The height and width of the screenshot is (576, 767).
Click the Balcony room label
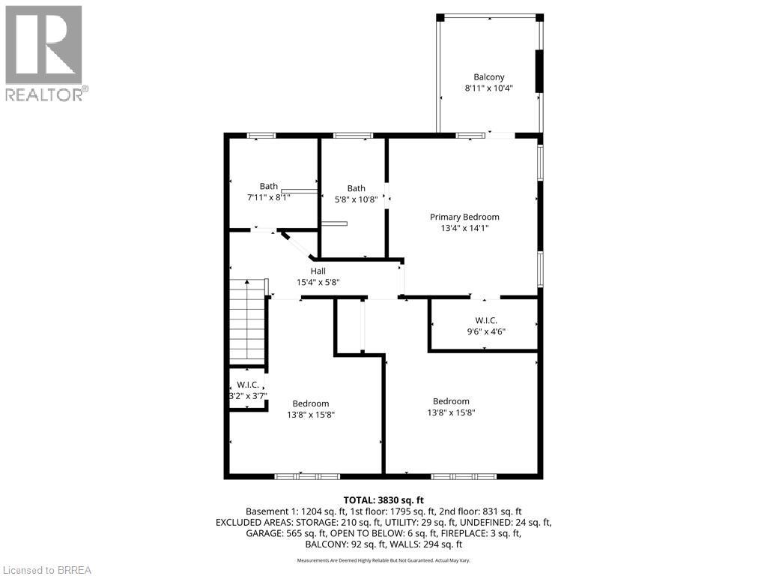(x=488, y=76)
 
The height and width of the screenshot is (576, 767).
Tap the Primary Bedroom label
(x=464, y=217)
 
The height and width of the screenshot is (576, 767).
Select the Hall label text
(x=318, y=271)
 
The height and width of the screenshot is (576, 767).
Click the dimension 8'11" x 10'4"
(x=488, y=88)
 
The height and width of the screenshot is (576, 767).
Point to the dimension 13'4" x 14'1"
(x=464, y=228)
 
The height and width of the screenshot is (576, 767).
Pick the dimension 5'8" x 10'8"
(x=357, y=199)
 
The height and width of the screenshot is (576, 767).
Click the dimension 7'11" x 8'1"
(x=269, y=197)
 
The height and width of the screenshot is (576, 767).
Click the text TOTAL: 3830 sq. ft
(x=383, y=499)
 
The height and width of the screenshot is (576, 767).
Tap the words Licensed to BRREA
(x=46, y=569)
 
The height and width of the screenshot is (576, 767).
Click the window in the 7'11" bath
(x=261, y=135)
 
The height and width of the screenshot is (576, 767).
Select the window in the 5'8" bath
(x=353, y=135)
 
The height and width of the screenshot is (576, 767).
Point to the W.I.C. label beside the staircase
(x=247, y=385)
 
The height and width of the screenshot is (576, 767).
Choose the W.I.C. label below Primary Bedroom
(x=486, y=319)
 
